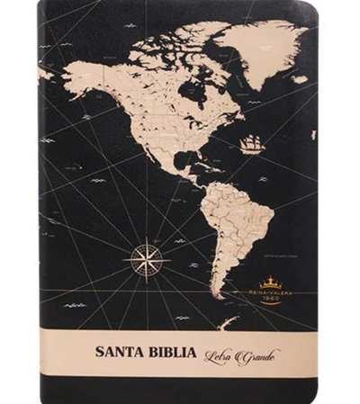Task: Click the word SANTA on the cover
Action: point(123,352)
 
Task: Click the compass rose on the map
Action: point(144,258)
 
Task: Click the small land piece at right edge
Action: point(313,135)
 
